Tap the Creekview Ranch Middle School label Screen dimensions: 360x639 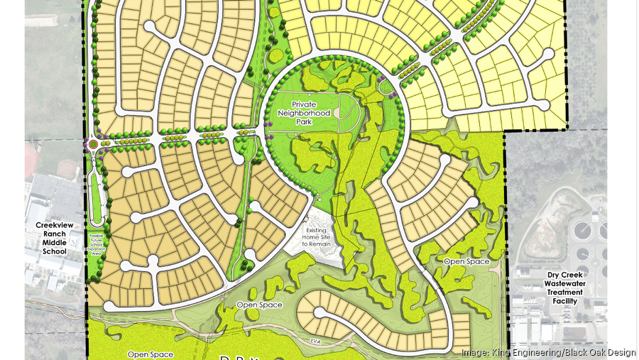pos(51,238)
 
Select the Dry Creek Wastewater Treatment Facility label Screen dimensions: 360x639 pos(564,288)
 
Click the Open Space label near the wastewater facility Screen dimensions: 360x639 pos(466,262)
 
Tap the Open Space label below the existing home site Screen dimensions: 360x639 pos(259,305)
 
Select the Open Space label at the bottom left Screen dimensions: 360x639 pos(150,354)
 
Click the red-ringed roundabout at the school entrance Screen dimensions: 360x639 pos(92,145)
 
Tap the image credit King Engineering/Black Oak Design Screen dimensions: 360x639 pos(547,352)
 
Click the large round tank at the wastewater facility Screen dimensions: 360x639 pos(582,231)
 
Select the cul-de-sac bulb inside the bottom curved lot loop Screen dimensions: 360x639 pos(319,312)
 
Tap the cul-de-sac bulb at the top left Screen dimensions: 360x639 pos(151,27)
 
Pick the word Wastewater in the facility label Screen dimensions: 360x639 pos(564,283)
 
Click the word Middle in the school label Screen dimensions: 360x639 pos(51,242)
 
